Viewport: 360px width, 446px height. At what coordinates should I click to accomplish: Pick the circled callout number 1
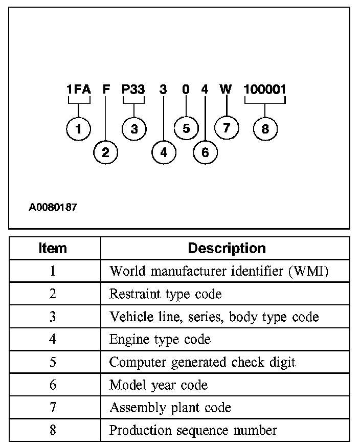coord(78,128)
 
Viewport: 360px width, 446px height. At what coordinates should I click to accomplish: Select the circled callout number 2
coord(106,152)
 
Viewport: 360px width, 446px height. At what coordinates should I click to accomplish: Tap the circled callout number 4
coord(164,152)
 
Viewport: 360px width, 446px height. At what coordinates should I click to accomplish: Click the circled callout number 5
coord(186,128)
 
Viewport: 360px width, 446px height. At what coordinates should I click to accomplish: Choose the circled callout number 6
coord(205,152)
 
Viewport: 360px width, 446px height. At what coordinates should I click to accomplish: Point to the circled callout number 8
coord(265,128)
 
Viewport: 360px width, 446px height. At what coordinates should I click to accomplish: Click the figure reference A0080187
coord(53,208)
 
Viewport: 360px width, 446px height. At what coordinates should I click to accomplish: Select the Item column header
coord(53,249)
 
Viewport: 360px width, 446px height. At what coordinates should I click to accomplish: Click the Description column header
coord(227,249)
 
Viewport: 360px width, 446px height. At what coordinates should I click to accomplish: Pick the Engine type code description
coord(160,339)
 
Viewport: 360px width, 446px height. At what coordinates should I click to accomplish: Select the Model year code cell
coord(159,385)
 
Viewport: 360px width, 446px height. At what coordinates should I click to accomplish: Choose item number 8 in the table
coord(53,430)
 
